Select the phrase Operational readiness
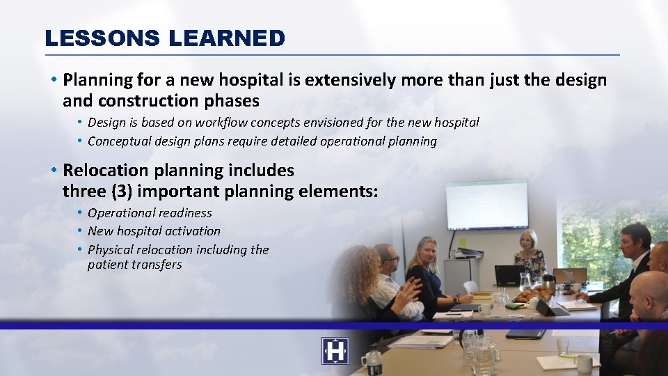click(x=150, y=213)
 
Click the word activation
click(x=196, y=231)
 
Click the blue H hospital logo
click(x=335, y=351)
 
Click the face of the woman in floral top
click(x=528, y=241)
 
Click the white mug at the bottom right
click(x=583, y=363)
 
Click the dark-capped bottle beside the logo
click(x=373, y=361)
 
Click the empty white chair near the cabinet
click(x=471, y=287)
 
